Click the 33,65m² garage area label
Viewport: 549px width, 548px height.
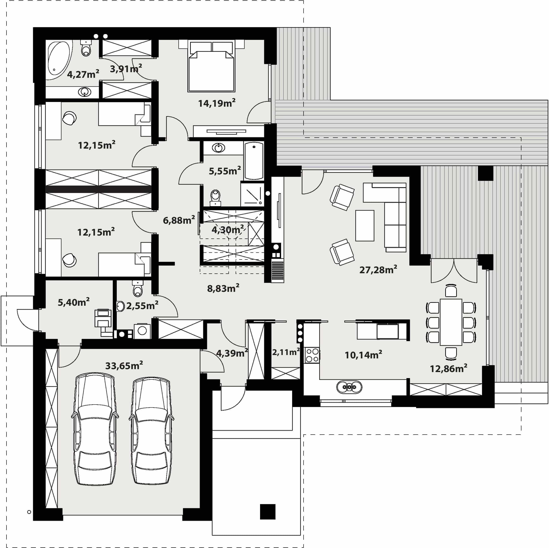(124, 365)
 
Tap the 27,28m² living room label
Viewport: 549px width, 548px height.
(378, 269)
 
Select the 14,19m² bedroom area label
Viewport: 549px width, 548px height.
(217, 103)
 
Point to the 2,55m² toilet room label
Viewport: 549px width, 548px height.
(142, 305)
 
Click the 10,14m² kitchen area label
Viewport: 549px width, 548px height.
(363, 355)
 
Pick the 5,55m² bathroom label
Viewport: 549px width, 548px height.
(225, 171)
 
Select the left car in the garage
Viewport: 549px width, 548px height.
(95, 430)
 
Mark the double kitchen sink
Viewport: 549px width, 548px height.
(349, 387)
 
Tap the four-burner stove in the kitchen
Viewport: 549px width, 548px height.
(312, 355)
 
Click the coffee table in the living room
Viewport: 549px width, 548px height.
(365, 225)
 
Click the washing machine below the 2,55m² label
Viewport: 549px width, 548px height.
(142, 331)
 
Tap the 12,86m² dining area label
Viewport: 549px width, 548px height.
(448, 368)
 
